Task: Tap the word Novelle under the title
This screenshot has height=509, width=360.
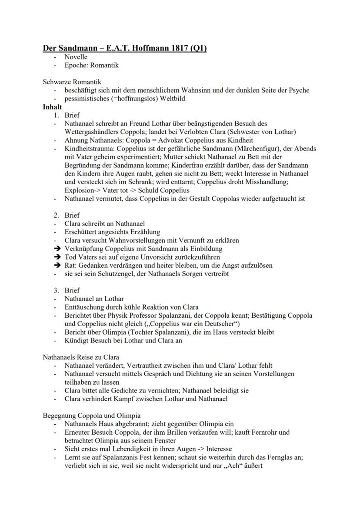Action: click(x=76, y=57)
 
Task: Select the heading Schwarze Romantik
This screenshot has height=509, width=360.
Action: click(x=72, y=82)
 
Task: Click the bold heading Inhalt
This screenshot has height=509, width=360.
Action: click(x=52, y=107)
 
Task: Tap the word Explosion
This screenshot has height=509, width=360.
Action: click(x=79, y=190)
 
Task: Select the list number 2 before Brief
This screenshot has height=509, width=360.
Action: click(x=56, y=215)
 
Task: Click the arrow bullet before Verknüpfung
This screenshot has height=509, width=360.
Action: click(x=56, y=249)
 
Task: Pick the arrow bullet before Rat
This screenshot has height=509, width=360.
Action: click(x=56, y=265)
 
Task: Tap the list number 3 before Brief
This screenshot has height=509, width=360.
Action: click(x=56, y=290)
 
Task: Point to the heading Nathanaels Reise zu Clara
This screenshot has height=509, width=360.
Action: click(x=81, y=357)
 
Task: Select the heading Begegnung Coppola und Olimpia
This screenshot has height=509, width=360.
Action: click(x=92, y=416)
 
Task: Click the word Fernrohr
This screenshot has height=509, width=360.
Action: click(x=277, y=432)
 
